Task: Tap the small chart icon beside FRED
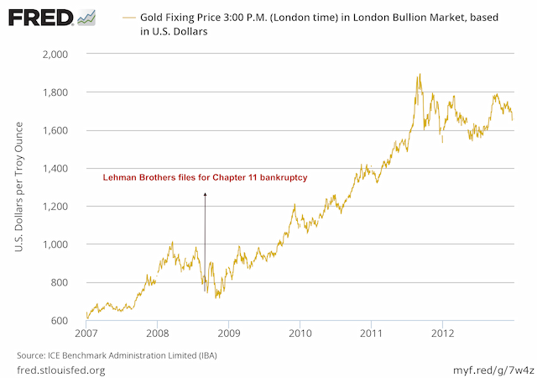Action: [86, 18]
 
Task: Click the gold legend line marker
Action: [128, 17]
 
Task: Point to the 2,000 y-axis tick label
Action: [55, 54]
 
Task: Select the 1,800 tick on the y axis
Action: [55, 92]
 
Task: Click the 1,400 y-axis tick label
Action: [55, 169]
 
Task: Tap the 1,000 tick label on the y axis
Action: [55, 244]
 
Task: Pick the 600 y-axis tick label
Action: [60, 321]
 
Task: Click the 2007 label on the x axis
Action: [86, 333]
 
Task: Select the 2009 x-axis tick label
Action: [229, 333]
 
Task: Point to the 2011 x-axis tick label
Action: [372, 333]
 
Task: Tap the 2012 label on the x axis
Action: [443, 333]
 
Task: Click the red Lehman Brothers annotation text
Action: [205, 178]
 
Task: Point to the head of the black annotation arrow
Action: [205, 194]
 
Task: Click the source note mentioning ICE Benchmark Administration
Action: [112, 354]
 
